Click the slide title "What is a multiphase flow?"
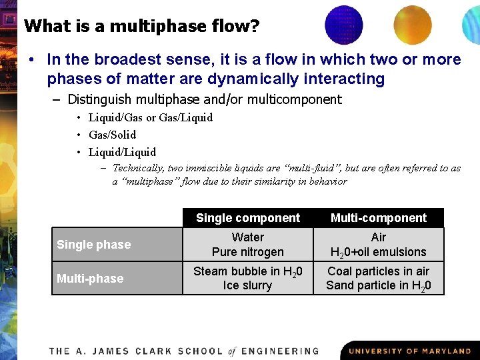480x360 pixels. [x=141, y=27]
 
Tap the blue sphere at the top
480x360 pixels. [x=343, y=24]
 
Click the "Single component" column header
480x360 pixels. [x=247, y=218]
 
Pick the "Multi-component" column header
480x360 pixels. [x=378, y=218]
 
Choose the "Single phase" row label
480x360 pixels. [x=94, y=245]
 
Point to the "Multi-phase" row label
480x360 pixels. [x=90, y=279]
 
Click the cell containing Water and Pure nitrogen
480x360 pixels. [x=247, y=245]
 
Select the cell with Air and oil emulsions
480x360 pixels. [x=378, y=245]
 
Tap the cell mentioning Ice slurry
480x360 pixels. [x=247, y=279]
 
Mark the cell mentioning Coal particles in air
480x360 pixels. [x=378, y=279]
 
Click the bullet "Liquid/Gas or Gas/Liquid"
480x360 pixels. [x=151, y=117]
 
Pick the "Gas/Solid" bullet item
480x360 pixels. [x=112, y=135]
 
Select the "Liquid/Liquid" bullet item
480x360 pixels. [x=122, y=152]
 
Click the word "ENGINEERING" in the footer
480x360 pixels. [x=280, y=351]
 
